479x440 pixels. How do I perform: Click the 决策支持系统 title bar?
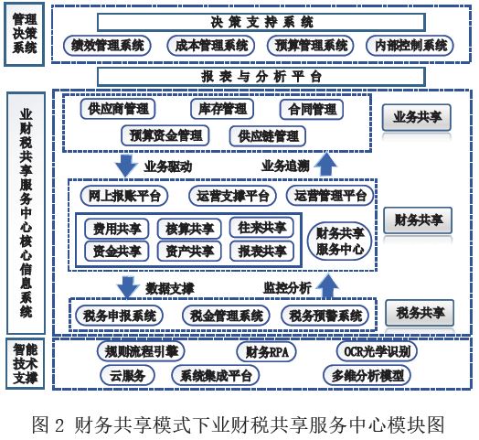[261, 22]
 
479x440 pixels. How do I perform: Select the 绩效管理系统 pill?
[107, 46]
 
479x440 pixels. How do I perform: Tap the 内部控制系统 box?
[410, 46]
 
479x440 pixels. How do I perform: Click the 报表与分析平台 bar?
[261, 77]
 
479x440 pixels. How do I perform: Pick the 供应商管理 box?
[118, 109]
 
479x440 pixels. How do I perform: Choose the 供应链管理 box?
[268, 135]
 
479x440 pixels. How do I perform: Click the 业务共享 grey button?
[417, 117]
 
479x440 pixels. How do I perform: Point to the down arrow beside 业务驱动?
[126, 166]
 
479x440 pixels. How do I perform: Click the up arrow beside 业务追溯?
[326, 164]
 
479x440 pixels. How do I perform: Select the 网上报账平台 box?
[124, 196]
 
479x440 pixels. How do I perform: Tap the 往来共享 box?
[261, 228]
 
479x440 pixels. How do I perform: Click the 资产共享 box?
[189, 252]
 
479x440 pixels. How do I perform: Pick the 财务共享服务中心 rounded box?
[340, 241]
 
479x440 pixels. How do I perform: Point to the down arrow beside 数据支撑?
[128, 287]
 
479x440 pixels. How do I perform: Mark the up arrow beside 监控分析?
[327, 285]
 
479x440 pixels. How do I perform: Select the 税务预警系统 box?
[325, 316]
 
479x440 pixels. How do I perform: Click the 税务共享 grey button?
[420, 313]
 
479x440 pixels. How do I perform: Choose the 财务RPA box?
[266, 351]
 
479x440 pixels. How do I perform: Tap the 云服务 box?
[127, 375]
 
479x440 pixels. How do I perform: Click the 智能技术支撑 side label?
[25, 363]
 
